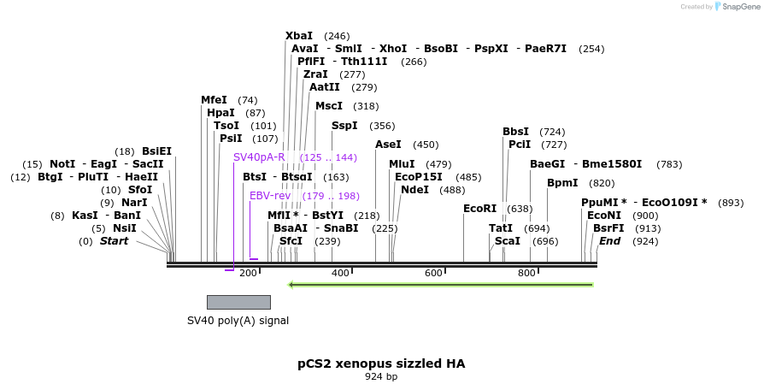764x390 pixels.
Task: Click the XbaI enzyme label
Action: click(x=299, y=36)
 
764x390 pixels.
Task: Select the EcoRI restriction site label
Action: click(x=479, y=208)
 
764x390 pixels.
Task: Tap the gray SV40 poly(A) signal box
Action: click(x=238, y=302)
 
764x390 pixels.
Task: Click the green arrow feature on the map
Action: click(x=441, y=284)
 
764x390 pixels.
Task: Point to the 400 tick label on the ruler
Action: click(x=340, y=273)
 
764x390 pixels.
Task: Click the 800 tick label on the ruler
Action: click(x=526, y=273)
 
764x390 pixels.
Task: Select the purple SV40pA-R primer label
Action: click(x=259, y=157)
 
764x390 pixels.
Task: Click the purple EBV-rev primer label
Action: click(x=270, y=196)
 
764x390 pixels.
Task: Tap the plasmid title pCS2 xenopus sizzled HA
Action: click(x=381, y=363)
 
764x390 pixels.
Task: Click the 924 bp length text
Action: click(x=381, y=376)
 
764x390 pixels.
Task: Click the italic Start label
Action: click(x=114, y=241)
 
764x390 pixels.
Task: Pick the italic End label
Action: click(x=609, y=241)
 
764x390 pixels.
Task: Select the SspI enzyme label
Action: click(x=344, y=126)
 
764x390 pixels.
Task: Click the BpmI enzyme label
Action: click(x=562, y=183)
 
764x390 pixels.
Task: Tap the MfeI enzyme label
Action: click(x=215, y=100)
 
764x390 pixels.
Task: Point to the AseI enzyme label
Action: click(x=388, y=145)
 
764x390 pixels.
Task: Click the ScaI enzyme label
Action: click(x=508, y=241)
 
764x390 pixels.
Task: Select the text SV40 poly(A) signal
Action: click(x=238, y=321)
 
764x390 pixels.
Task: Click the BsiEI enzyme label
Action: click(x=156, y=151)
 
